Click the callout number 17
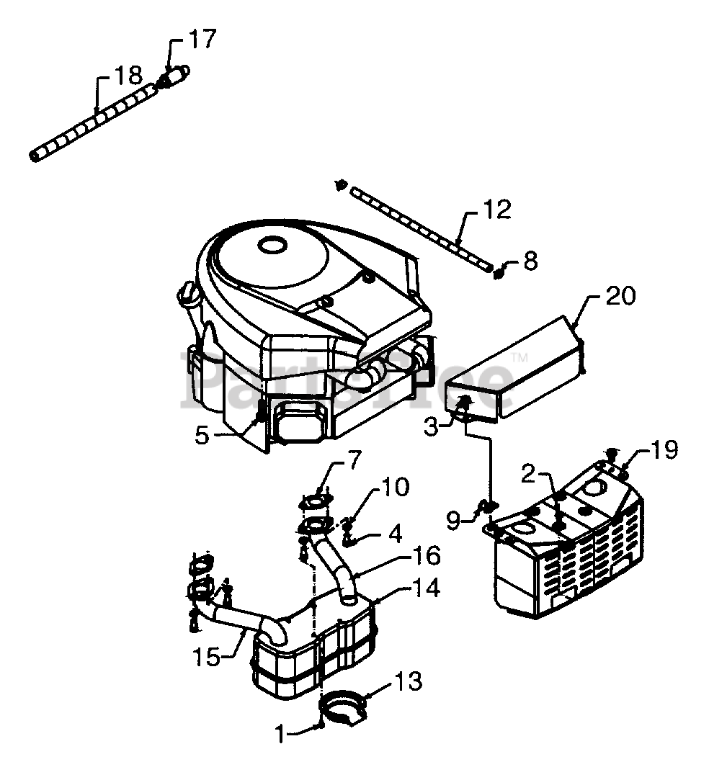click(201, 40)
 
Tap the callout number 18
click(128, 76)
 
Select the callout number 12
click(497, 209)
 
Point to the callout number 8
click(530, 261)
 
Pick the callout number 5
click(202, 435)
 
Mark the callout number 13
click(409, 681)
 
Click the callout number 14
click(427, 588)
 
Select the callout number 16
click(427, 555)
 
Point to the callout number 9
click(453, 521)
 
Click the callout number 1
click(280, 734)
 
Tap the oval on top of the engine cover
click(273, 245)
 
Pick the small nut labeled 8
click(498, 273)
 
